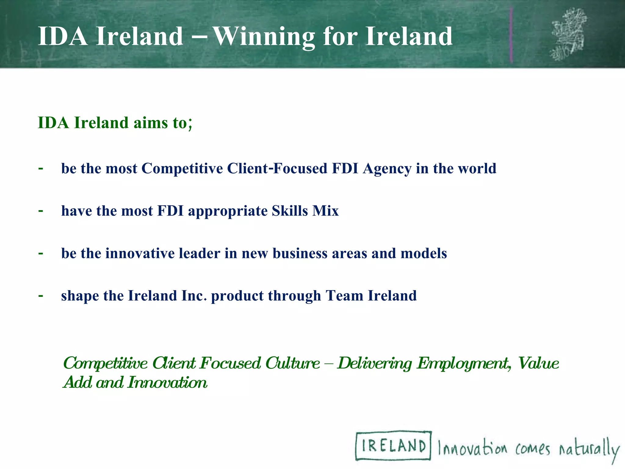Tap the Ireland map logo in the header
(568, 34)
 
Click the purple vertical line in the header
(511, 35)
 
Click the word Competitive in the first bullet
(182, 169)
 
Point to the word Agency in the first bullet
(387, 169)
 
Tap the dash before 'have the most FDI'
(41, 210)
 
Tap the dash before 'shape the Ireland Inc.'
(41, 295)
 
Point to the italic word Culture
(292, 363)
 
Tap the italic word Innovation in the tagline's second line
(167, 382)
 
